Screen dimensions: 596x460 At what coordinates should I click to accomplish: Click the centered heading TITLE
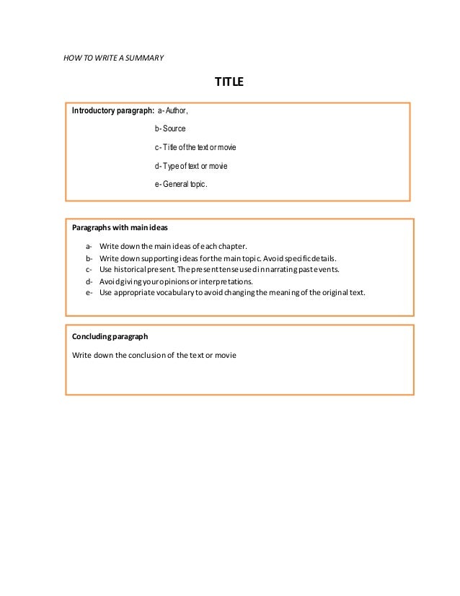click(230, 82)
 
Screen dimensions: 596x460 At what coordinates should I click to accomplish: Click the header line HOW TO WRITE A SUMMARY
click(115, 57)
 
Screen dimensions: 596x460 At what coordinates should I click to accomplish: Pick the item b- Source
click(170, 128)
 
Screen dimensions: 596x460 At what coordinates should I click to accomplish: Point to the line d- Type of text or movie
click(191, 166)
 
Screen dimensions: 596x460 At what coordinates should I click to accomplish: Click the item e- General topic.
click(180, 185)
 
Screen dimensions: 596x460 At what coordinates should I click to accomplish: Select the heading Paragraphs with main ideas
click(120, 227)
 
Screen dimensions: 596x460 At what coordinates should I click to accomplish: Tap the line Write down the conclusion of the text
click(154, 355)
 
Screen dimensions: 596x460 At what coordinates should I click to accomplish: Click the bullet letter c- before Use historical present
click(89, 269)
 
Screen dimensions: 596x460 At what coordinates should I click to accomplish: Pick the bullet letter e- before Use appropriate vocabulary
click(89, 292)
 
